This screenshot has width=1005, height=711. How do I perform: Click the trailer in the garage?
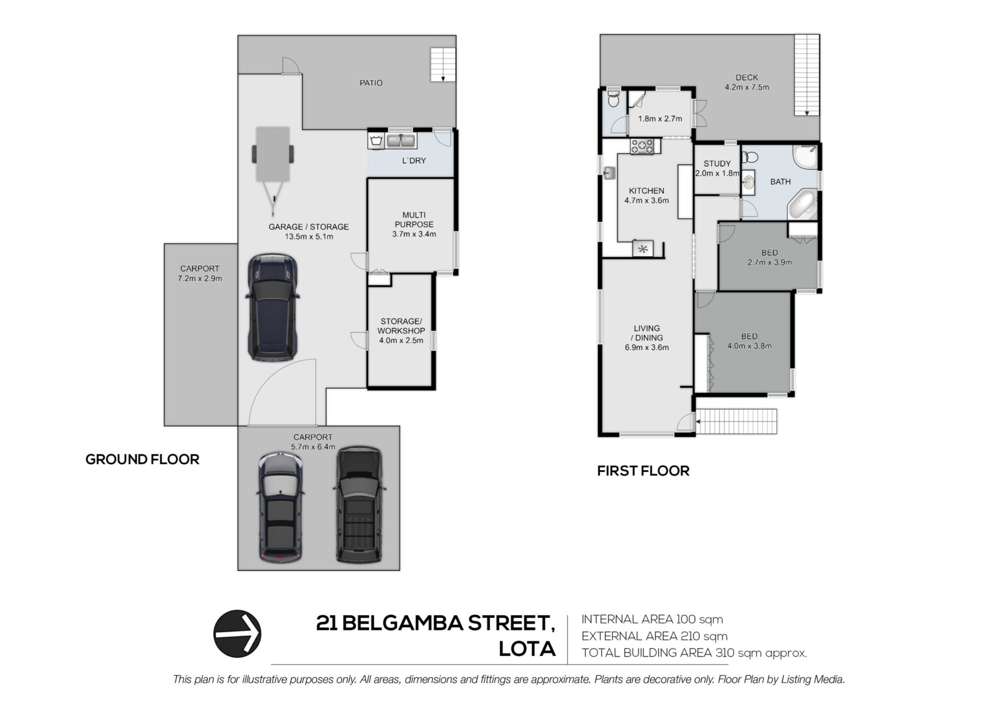click(273, 170)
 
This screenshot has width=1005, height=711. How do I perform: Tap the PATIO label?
click(371, 83)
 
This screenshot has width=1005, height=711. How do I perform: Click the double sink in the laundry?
click(401, 141)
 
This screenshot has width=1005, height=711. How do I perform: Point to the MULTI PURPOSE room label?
click(414, 219)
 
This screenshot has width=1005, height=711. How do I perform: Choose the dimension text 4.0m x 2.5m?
click(401, 340)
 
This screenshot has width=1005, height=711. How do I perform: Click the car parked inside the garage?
click(272, 308)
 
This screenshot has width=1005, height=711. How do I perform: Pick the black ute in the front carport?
click(359, 506)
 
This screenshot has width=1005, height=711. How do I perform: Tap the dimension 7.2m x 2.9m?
click(200, 279)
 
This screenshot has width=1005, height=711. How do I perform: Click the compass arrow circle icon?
click(237, 634)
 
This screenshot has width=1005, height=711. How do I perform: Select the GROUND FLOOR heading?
click(142, 460)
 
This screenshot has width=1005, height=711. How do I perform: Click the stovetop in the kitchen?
click(642, 146)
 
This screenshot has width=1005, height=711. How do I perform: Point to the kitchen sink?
click(609, 173)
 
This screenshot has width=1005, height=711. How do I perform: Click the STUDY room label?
click(717, 164)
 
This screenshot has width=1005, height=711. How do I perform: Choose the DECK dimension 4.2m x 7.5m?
click(747, 87)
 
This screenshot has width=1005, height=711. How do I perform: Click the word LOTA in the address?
click(527, 649)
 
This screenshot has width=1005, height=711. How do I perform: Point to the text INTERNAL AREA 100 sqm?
click(652, 619)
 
